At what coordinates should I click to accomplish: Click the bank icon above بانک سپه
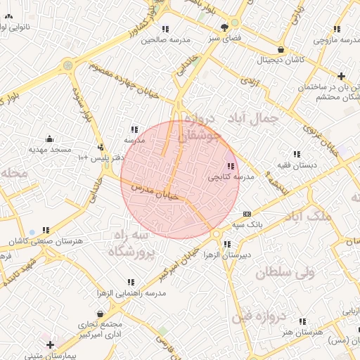[x=247, y=214]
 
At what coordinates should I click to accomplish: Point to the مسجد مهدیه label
[x=51, y=150]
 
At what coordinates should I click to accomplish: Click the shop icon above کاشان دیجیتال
[x=281, y=50]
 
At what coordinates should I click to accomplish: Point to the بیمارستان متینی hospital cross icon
[x=50, y=345]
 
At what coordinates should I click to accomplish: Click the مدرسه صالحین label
[x=166, y=40]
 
